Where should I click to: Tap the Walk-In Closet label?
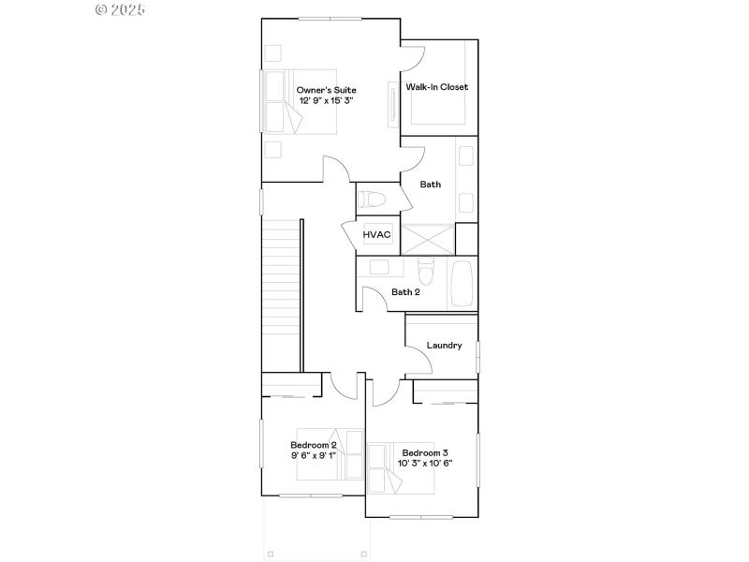pos(437,87)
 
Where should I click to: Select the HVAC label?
pos(376,234)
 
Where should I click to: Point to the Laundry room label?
pos(444,346)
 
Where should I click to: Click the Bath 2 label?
pos(405,292)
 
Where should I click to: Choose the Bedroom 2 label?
pos(313,445)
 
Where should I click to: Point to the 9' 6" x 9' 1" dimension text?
pos(313,455)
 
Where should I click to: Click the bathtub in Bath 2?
pos(463,282)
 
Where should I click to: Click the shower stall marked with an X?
pos(426,239)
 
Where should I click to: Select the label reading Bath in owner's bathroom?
pos(430,185)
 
